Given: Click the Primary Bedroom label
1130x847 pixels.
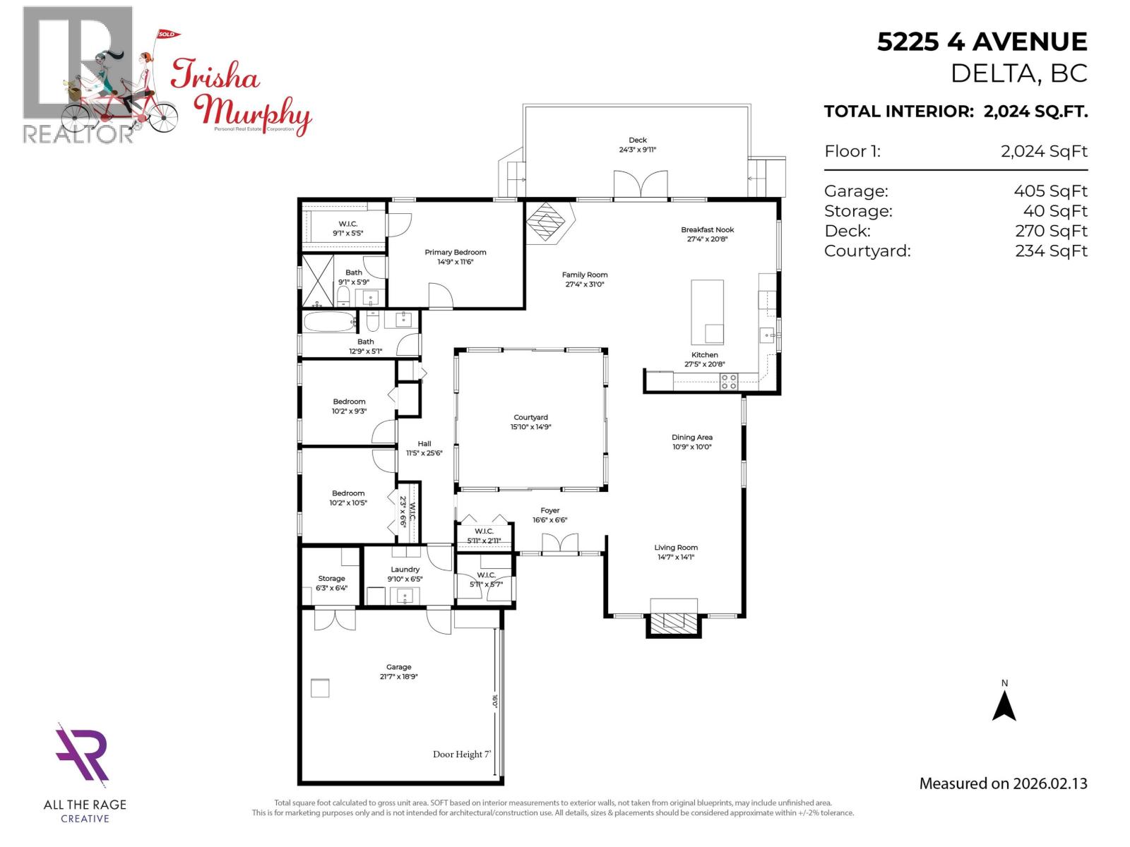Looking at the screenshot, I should point(455,253).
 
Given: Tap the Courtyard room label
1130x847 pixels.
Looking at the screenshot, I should point(530,418).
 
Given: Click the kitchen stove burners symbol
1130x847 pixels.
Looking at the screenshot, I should point(729,382).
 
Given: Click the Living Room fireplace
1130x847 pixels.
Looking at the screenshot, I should point(674,620).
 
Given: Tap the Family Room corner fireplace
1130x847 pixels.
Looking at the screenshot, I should point(549,222).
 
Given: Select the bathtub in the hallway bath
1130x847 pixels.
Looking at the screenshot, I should point(330,323).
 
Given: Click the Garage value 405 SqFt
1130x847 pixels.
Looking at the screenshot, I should point(1050,191).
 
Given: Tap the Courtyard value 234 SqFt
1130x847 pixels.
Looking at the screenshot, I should point(1051,251).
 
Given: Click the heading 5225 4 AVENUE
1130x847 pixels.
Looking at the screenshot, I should point(982,42).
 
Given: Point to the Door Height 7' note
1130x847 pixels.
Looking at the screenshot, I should point(462,755).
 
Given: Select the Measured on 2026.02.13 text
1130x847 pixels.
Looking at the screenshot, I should point(1003,783).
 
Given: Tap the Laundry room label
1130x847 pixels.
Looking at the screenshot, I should point(405,570).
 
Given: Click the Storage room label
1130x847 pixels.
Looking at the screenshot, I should point(331,579).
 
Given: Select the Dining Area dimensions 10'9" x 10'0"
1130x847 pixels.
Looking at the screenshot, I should point(691,447).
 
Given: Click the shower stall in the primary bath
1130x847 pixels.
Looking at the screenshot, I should point(318,281).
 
